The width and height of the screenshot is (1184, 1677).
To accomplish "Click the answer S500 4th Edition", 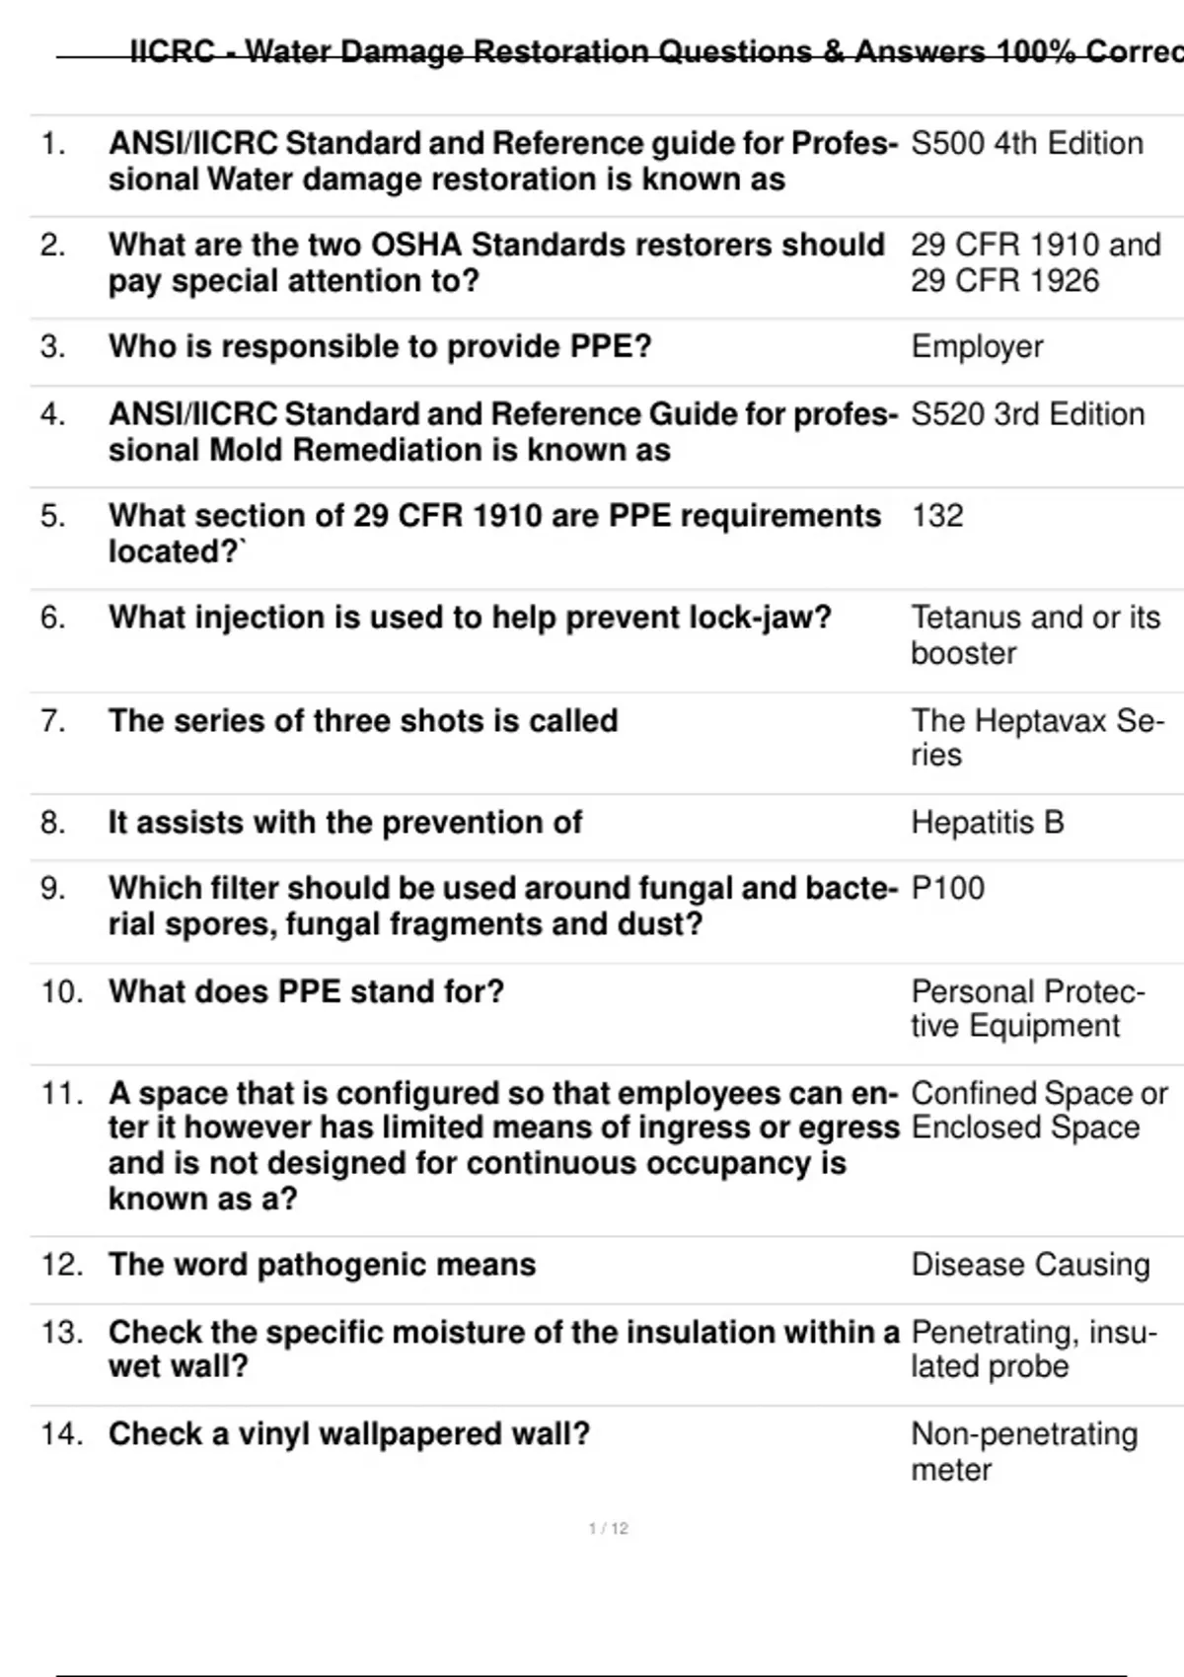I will pos(1026,144).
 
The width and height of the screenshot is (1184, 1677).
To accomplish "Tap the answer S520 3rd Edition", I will pos(1027,414).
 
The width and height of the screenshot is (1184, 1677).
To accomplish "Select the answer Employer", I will pos(977,347).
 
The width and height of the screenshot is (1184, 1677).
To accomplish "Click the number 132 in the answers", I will pos(936,516).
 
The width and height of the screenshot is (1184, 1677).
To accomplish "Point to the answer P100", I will pos(947,889).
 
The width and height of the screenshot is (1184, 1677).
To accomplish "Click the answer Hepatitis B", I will pos(987,823).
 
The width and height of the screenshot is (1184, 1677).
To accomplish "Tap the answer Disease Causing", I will pos(1030,1265).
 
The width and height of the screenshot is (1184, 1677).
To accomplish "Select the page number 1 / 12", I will pos(608,1529).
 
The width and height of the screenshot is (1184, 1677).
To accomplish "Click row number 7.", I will pos(53,721).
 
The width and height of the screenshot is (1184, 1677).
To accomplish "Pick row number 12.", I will pos(61,1265).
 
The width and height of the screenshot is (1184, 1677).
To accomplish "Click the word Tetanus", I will pos(968,618).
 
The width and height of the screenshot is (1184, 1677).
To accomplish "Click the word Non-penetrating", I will pos(1024,1434).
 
